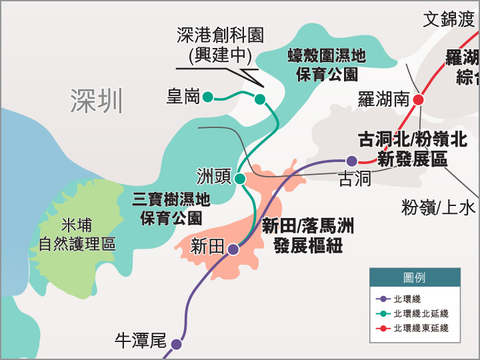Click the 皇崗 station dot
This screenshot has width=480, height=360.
[x=207, y=97]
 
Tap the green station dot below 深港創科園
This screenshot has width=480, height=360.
[x=260, y=99]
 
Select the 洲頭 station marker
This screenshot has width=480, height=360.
[x=240, y=179]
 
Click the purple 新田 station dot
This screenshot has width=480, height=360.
[x=233, y=249]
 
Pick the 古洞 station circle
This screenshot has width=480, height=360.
[x=352, y=160]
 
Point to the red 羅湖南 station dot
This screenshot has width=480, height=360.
[x=419, y=99]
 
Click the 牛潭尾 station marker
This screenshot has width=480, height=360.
[x=176, y=344]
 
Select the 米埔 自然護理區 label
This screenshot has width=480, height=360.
[x=77, y=234]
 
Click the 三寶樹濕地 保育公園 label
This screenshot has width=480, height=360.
[x=171, y=207]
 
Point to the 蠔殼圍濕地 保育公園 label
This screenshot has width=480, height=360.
[x=327, y=64]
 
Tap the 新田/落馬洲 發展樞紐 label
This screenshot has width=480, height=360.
[x=308, y=235]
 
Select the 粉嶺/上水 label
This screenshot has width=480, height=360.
[x=439, y=207]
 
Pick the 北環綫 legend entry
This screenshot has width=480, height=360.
[x=407, y=299]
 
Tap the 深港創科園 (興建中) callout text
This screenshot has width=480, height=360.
[x=220, y=44]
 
